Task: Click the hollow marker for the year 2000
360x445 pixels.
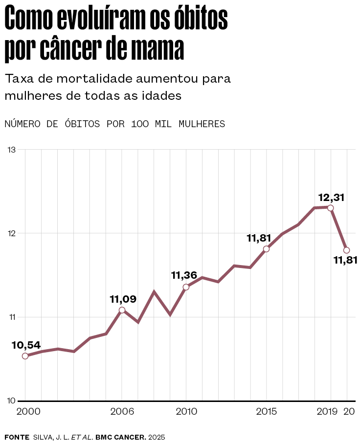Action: [x=25, y=356]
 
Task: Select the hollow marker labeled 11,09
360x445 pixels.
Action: [x=122, y=310]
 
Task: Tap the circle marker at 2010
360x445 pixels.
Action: [x=186, y=287]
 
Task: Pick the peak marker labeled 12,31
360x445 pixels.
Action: [x=331, y=208]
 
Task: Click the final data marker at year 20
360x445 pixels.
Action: [x=347, y=250]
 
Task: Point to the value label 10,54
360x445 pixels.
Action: [x=26, y=345]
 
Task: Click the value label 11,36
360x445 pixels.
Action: [x=186, y=275]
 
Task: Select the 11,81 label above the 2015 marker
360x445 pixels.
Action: [x=259, y=238]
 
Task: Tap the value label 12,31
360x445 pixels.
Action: [x=331, y=198]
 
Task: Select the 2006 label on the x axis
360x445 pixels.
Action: [x=122, y=412]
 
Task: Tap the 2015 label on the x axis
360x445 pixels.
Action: [x=267, y=412]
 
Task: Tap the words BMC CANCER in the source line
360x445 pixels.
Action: [x=120, y=437]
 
